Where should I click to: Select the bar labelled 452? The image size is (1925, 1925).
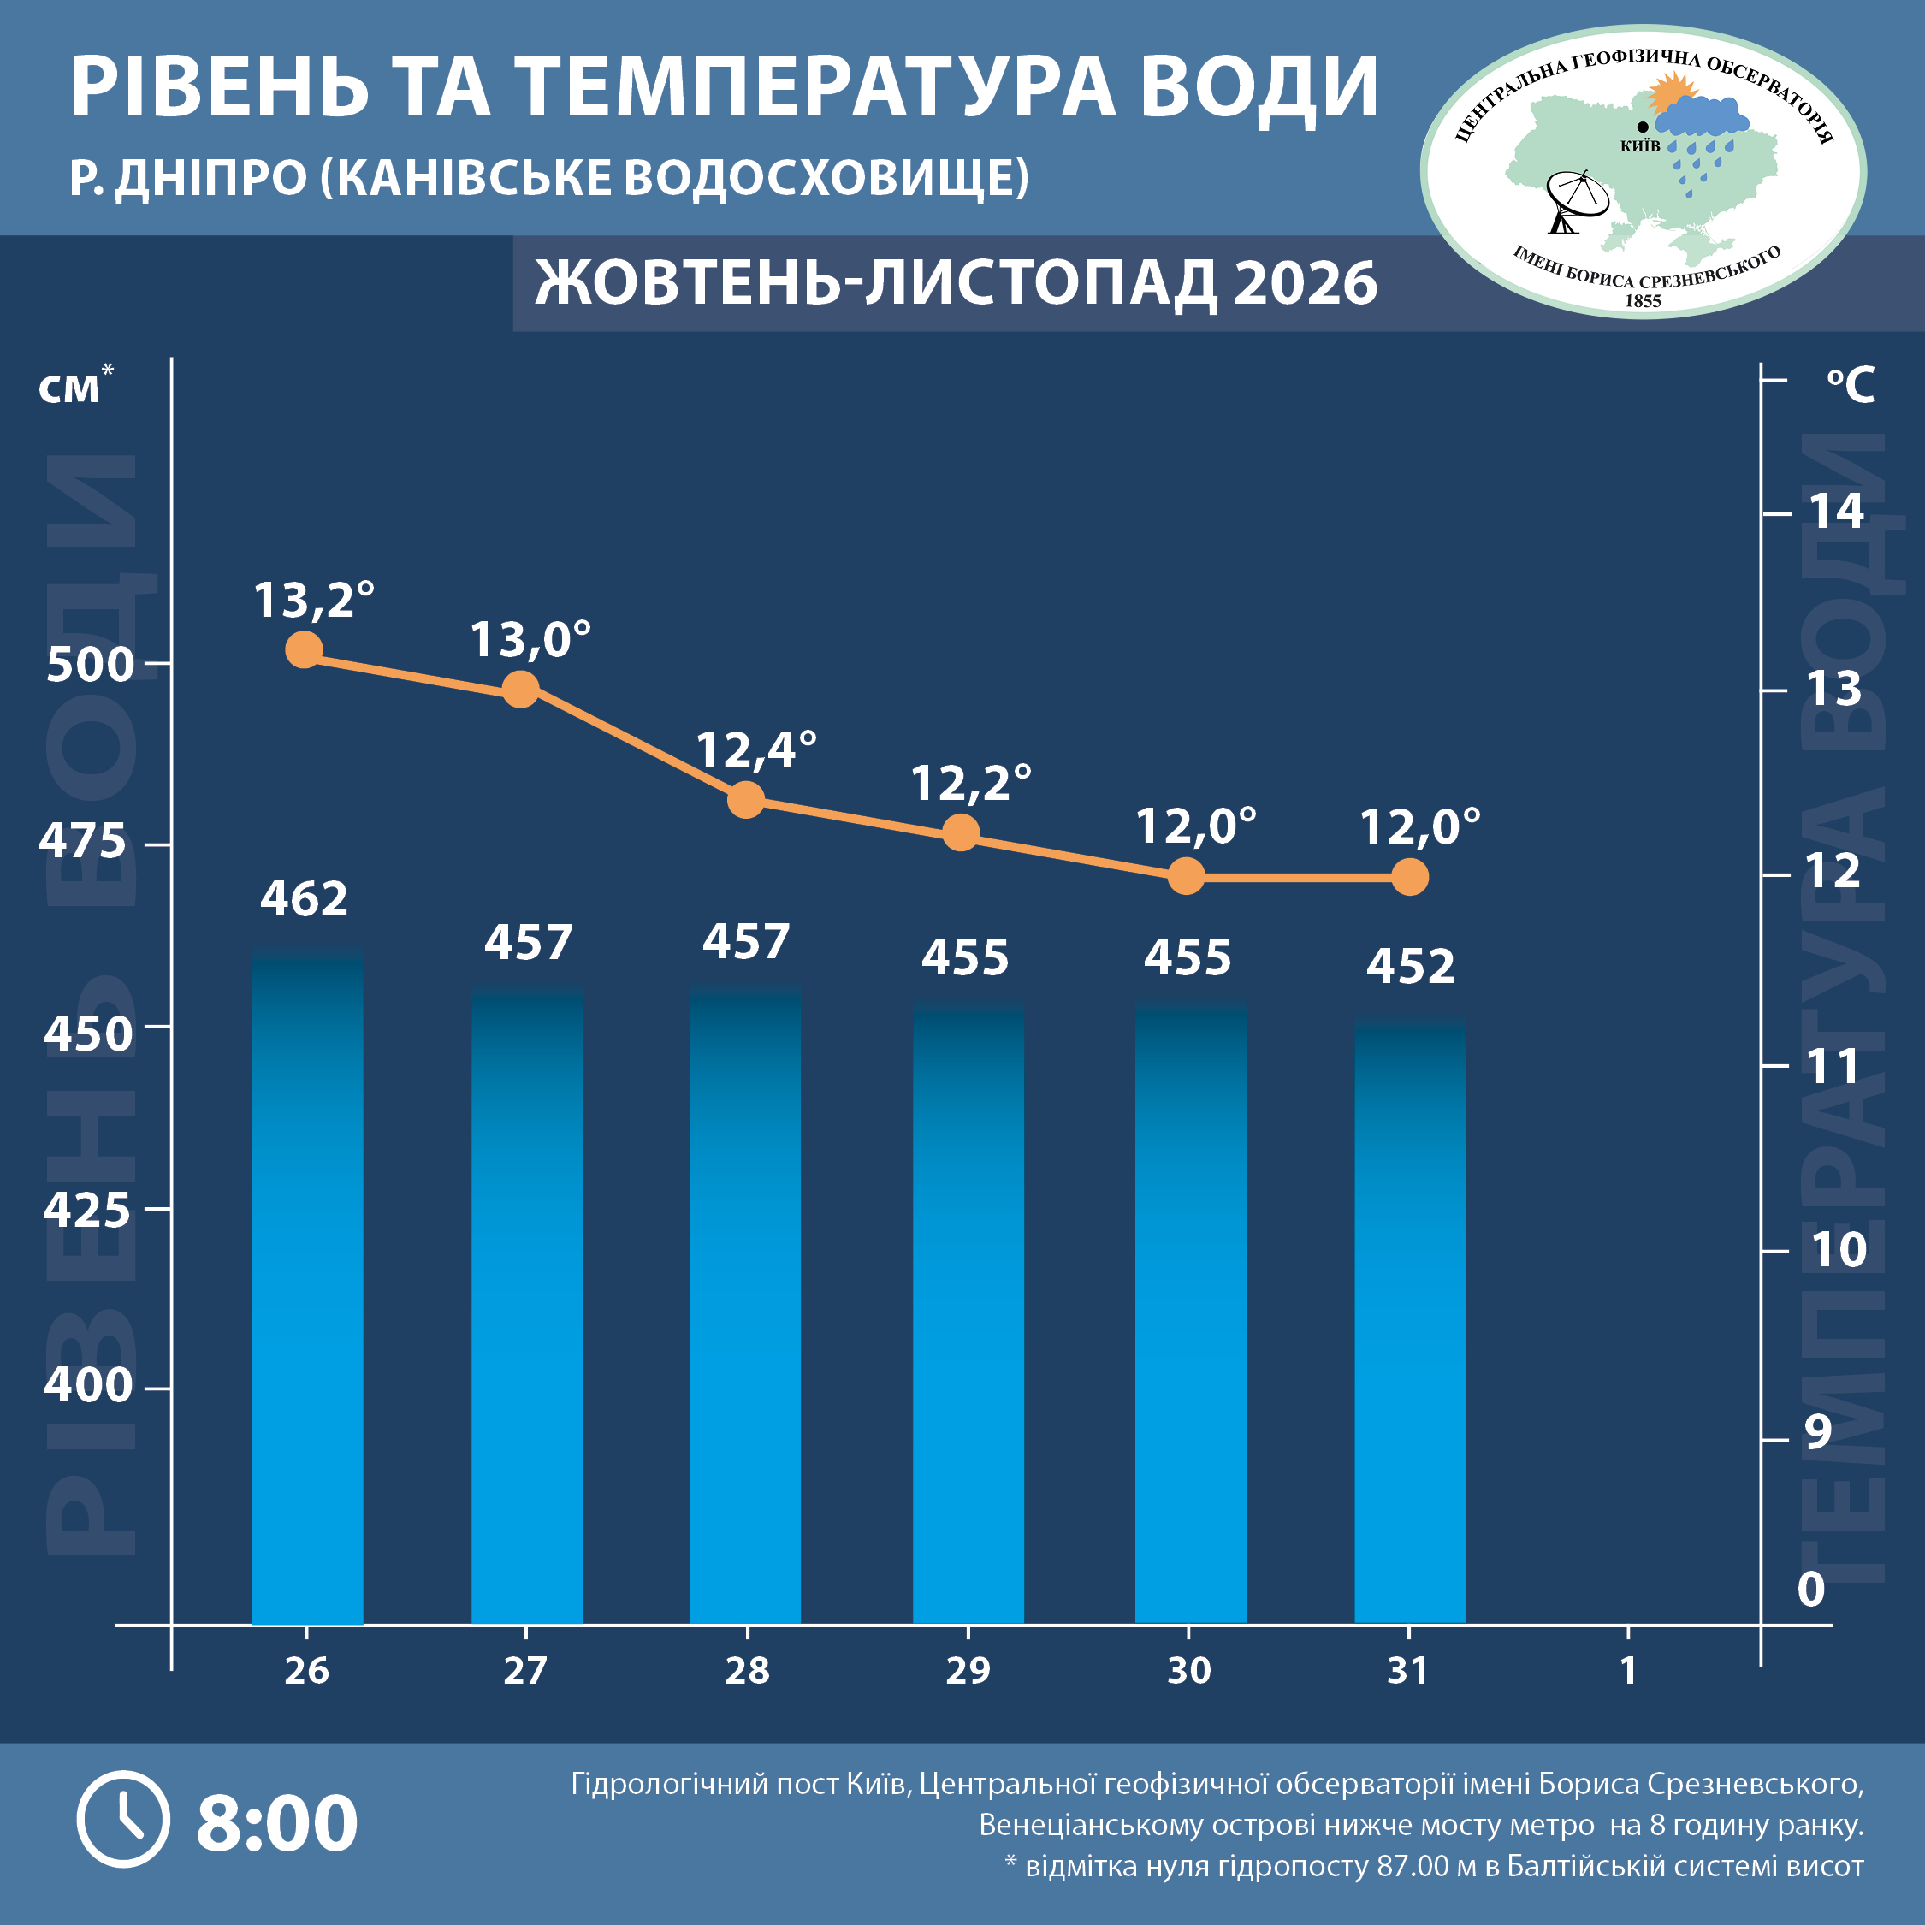pyautogui.click(x=1410, y=1320)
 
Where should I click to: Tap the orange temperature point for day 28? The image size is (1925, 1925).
pyautogui.click(x=746, y=799)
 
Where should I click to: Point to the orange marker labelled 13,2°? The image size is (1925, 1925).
pyautogui.click(x=304, y=649)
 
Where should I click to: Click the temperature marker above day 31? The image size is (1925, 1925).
pyautogui.click(x=1410, y=877)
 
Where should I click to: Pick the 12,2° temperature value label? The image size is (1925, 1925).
pyautogui.click(x=970, y=783)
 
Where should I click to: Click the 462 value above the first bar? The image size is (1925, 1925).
pyautogui.click(x=304, y=898)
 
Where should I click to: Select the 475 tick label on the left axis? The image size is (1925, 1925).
pyautogui.click(x=83, y=842)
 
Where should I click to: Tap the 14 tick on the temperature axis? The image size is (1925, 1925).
pyautogui.click(x=1836, y=511)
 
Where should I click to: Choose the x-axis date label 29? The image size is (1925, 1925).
pyautogui.click(x=968, y=1671)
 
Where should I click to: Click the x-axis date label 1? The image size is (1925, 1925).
pyautogui.click(x=1628, y=1671)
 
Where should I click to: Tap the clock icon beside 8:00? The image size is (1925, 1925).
pyautogui.click(x=122, y=1820)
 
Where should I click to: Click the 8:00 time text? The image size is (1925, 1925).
pyautogui.click(x=277, y=1822)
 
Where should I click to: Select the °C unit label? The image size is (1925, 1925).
pyautogui.click(x=1851, y=385)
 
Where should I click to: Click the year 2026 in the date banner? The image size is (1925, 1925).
pyautogui.click(x=1306, y=283)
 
